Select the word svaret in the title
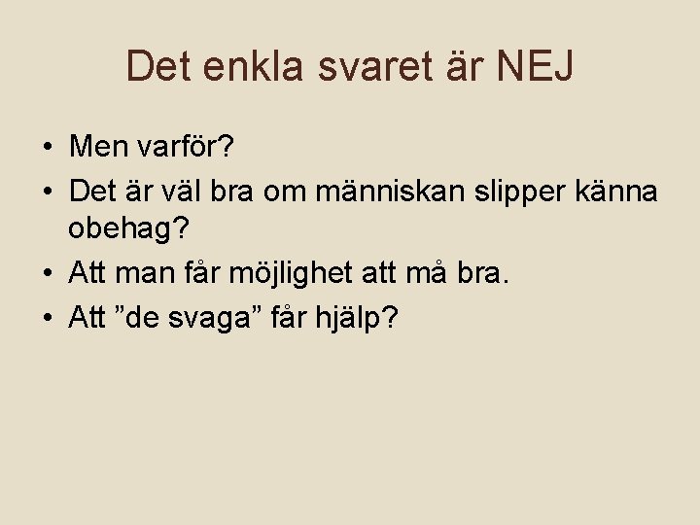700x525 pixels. [x=367, y=66]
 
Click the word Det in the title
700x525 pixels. [x=158, y=66]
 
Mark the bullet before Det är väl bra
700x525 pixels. [x=46, y=192]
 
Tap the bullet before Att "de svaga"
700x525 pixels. [x=46, y=319]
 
